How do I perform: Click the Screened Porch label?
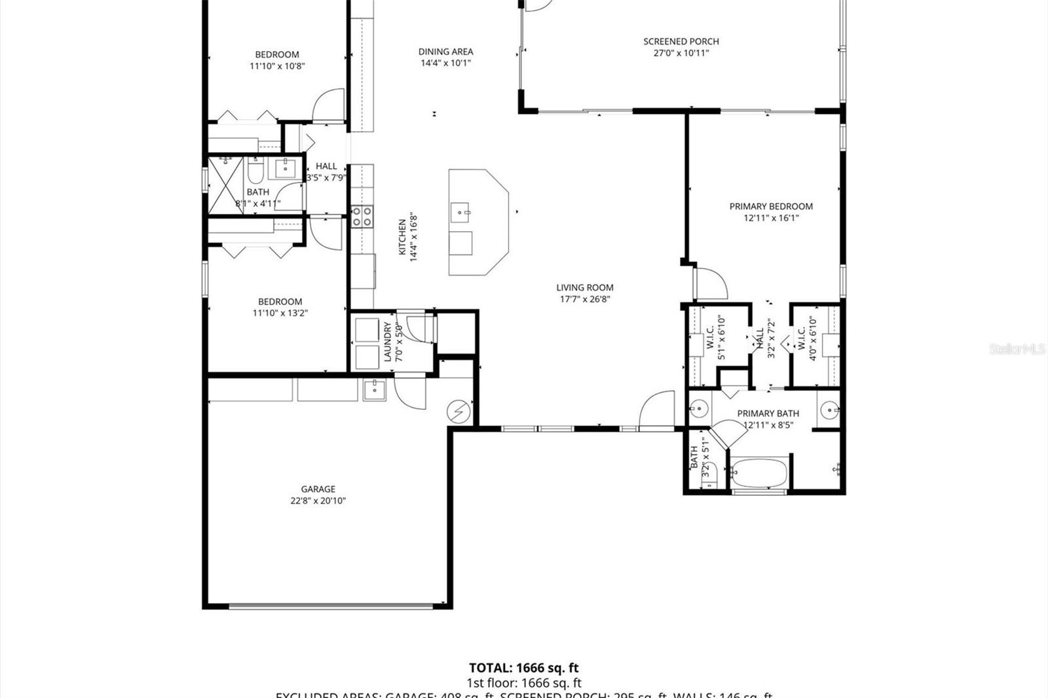681,41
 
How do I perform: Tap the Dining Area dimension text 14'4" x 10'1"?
445,63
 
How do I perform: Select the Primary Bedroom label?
771,206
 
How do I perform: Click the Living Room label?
585,287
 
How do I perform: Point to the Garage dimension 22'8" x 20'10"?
318,501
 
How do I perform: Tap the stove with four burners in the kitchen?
362,216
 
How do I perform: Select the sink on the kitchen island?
460,211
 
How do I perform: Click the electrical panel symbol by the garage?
458,411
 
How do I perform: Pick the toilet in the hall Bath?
255,172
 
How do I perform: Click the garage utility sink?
375,389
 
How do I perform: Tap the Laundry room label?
387,342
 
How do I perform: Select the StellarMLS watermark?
1017,349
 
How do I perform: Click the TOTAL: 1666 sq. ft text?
524,668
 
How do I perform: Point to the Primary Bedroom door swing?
711,282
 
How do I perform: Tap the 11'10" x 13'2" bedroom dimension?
280,313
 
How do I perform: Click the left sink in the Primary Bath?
699,410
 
